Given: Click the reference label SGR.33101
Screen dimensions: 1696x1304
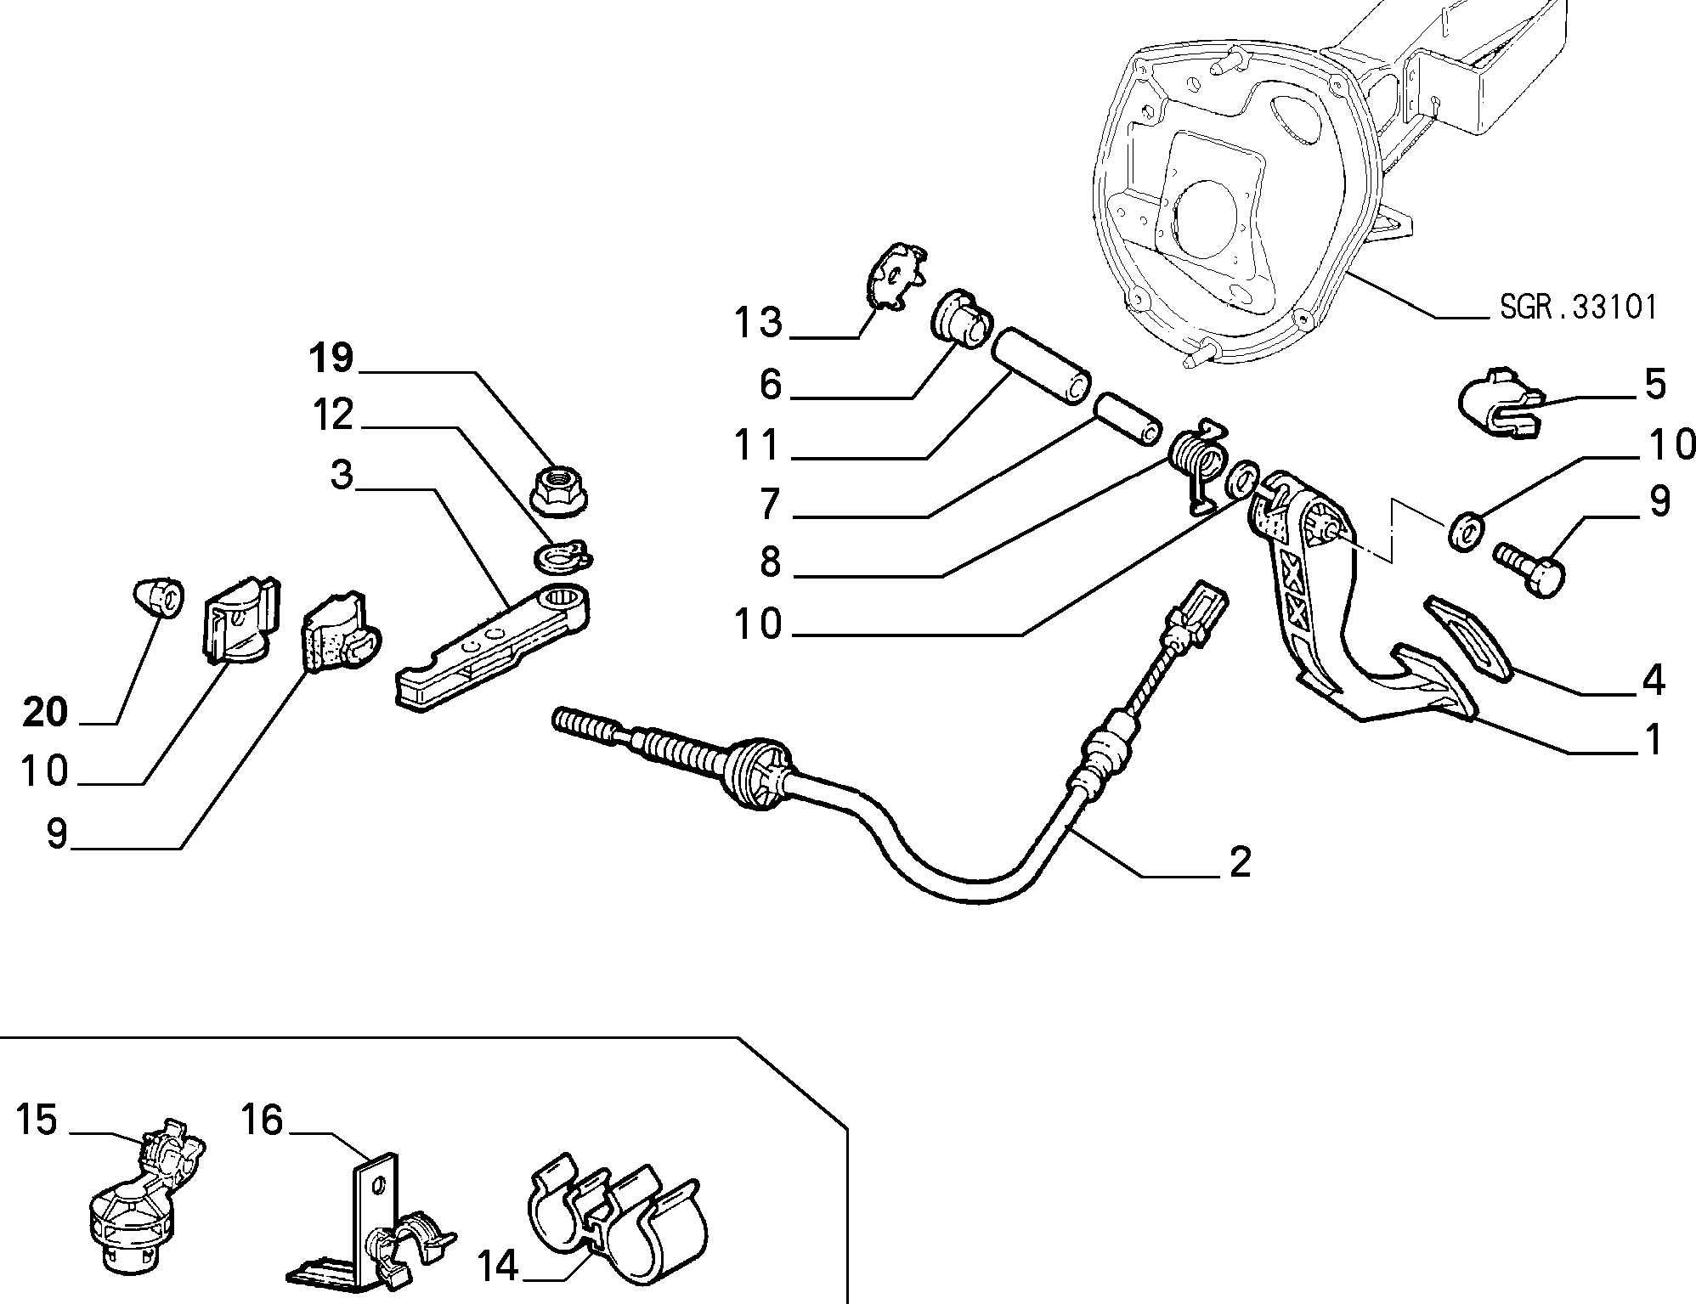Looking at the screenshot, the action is pos(1578,307).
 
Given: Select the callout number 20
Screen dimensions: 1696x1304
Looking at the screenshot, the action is pos(45,712).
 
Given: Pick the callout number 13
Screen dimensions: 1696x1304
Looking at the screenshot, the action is pos(758,323).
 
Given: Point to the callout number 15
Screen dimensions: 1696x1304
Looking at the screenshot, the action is pos(37,1121).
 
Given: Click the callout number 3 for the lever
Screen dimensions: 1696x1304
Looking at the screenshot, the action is pos(342,475).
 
